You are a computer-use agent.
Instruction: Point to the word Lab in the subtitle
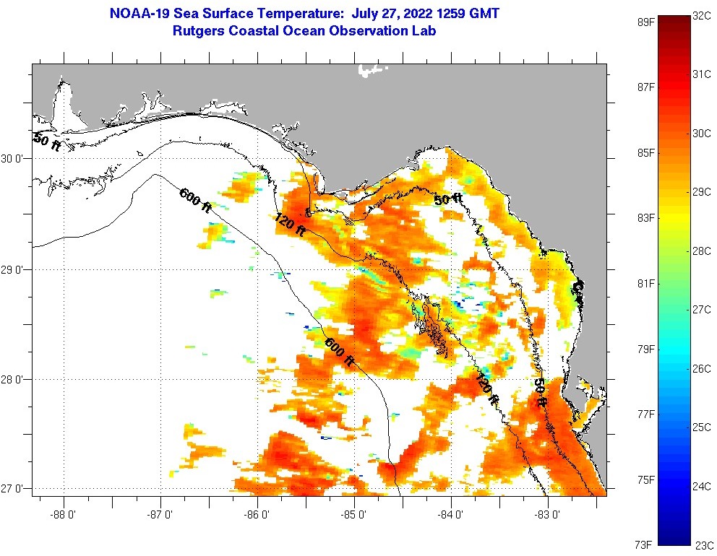coord(424,31)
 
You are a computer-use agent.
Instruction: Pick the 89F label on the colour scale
coord(645,22)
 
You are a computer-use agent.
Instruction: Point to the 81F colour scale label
coord(645,283)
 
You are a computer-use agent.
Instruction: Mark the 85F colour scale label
coord(645,153)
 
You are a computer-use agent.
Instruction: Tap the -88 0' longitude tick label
coord(64,516)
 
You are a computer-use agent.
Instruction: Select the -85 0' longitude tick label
coord(355,516)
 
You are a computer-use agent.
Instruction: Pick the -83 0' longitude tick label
coord(549,516)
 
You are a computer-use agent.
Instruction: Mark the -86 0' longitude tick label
coord(258,516)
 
